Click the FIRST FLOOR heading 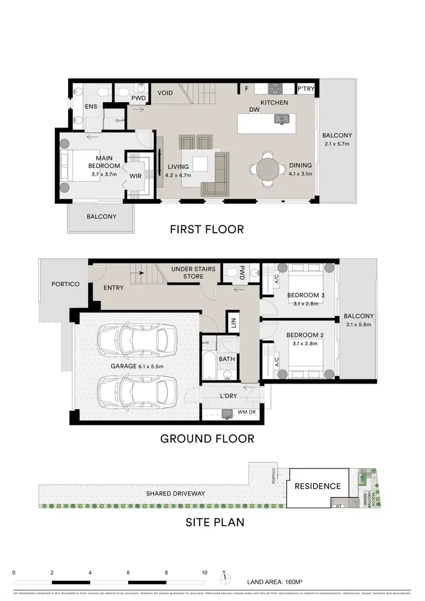point(207,229)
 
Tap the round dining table point(268,169)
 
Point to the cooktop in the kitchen point(275,88)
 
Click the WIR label point(136,176)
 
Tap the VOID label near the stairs point(165,92)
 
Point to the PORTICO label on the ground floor point(65,284)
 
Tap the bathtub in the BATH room point(209,366)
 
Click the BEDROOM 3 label point(305,296)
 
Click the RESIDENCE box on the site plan point(317,486)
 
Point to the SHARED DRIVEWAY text point(176,493)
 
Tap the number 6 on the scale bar point(128,572)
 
